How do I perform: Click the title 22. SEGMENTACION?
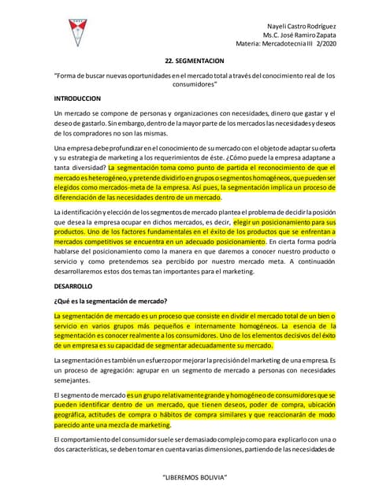tap(195, 60)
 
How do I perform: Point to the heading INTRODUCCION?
tap(77, 99)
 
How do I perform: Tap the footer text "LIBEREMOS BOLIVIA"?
tap(195, 477)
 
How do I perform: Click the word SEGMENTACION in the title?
tap(202, 60)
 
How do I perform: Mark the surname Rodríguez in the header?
tap(325, 24)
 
